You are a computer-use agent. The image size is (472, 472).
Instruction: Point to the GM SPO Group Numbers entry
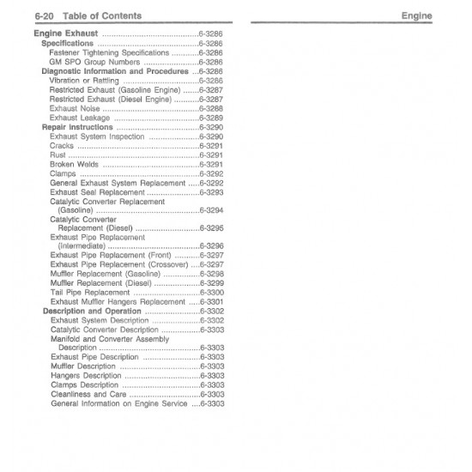pos(95,62)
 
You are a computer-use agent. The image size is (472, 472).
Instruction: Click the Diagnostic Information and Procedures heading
pos(114,71)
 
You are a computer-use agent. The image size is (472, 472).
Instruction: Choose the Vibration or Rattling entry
pos(84,80)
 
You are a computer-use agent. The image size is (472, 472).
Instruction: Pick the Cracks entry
pos(62,146)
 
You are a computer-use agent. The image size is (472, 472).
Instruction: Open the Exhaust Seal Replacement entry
pos(98,192)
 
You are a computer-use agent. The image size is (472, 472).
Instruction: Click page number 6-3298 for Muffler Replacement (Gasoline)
pos(212,274)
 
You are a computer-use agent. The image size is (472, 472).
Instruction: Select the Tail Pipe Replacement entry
pos(90,293)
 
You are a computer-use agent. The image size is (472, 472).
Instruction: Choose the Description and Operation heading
pos(92,311)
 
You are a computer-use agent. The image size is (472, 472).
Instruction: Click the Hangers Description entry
pos(86,375)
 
